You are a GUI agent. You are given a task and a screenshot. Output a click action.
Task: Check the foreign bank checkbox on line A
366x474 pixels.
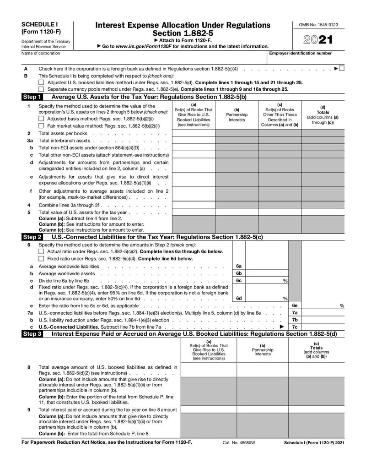[342, 69]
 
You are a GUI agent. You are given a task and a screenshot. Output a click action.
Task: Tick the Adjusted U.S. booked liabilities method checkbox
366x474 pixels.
[41, 82]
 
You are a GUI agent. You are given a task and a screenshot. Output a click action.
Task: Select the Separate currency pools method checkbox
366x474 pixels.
[41, 89]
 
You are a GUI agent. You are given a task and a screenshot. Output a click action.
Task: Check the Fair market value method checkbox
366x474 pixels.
[41, 125]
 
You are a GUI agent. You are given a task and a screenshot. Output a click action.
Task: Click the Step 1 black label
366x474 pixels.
[32, 97]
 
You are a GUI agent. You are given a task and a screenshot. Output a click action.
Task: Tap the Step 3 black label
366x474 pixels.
[32, 334]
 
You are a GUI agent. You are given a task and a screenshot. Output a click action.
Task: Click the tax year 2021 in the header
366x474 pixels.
[319, 40]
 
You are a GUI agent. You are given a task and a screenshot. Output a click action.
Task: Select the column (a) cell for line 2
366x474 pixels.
[194, 133]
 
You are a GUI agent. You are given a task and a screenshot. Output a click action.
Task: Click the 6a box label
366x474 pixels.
[239, 266]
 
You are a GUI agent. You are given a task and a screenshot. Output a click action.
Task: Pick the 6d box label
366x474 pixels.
[239, 298]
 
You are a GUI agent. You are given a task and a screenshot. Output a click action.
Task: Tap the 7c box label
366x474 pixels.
[295, 327]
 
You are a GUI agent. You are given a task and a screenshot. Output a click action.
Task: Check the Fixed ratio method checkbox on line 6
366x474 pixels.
[41, 259]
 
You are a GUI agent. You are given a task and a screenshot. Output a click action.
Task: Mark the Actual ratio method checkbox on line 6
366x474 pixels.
[41, 251]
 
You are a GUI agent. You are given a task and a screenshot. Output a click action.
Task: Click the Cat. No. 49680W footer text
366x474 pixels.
[239, 443]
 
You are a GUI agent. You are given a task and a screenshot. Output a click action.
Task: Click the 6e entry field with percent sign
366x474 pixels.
[323, 305]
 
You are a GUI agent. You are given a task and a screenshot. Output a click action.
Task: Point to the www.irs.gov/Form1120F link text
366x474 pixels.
[139, 46]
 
